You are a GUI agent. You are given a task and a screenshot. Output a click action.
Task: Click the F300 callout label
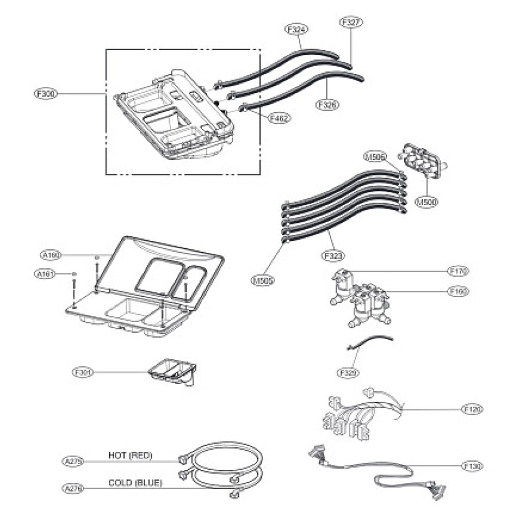click(46, 94)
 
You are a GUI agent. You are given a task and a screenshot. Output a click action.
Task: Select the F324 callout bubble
click(296, 29)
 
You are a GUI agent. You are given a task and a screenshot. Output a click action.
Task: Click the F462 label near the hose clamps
click(280, 118)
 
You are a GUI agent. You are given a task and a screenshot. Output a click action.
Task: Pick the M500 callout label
click(427, 203)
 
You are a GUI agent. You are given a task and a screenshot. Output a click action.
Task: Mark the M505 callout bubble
click(264, 281)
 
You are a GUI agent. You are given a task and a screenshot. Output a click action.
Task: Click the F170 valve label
click(458, 270)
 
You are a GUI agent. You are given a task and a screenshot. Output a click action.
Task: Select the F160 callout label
click(458, 292)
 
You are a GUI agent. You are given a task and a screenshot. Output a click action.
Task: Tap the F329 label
click(349, 372)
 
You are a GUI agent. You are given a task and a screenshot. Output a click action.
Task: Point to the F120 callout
click(472, 409)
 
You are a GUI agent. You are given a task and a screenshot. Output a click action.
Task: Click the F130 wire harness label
click(472, 466)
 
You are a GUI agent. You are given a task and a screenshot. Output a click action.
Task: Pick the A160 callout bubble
click(52, 254)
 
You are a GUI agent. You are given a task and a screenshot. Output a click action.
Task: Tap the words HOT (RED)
click(130, 455)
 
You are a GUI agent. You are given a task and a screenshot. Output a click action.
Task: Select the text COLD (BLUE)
click(135, 483)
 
